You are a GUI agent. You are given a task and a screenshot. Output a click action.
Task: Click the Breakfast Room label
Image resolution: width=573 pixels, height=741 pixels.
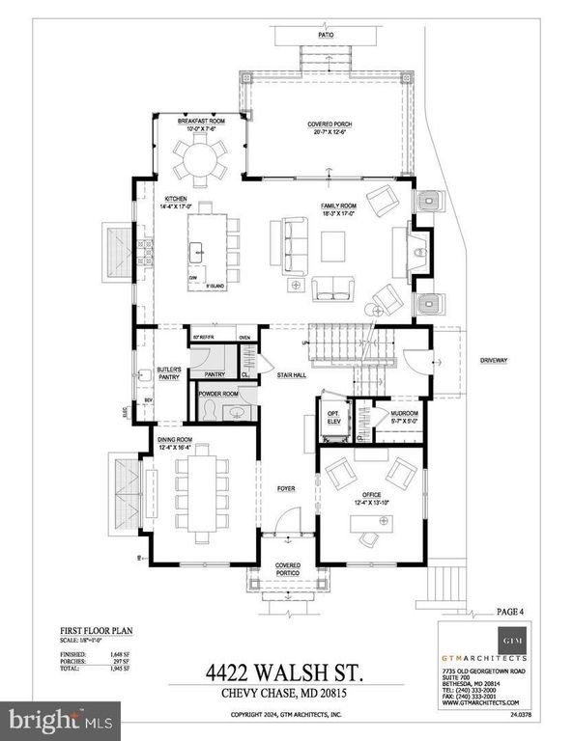tap(201, 120)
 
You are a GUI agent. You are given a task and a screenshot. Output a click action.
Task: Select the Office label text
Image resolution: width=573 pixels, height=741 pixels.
tap(371, 497)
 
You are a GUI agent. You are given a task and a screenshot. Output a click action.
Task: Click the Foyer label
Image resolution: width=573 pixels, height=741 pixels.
tap(287, 488)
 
